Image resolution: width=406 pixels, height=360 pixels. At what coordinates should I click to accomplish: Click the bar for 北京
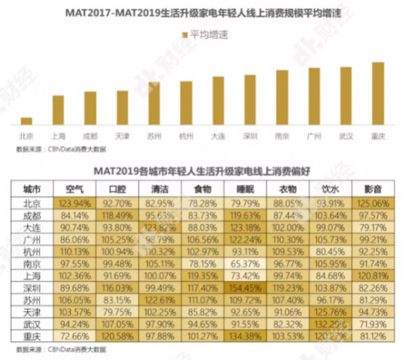point(26,121)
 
